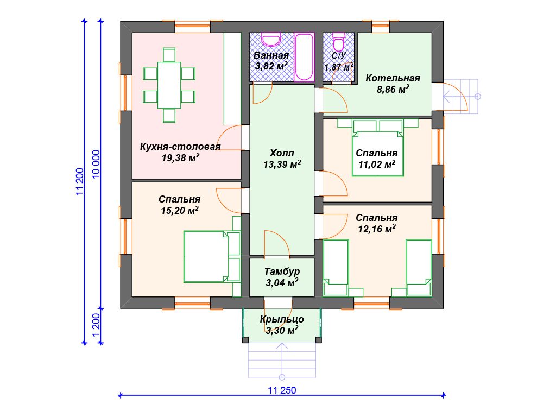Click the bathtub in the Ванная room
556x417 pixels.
[304, 57]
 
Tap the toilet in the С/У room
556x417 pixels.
[339, 41]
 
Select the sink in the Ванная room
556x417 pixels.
[271, 39]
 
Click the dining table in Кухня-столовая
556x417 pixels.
[169, 85]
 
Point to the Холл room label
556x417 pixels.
[282, 153]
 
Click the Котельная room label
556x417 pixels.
[393, 78]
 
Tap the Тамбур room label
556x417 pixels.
[282, 271]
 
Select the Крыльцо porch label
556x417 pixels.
[282, 319]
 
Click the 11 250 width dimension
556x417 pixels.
[282, 390]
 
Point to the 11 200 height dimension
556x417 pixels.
[80, 181]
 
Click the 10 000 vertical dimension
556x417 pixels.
[96, 165]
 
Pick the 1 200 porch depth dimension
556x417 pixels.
[96, 326]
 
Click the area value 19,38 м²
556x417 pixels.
[180, 158]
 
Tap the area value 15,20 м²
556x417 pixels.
[179, 211]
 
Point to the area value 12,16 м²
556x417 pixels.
[377, 229]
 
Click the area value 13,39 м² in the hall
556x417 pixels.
[282, 165]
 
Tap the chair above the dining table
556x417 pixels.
[169, 55]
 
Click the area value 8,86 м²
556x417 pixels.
[393, 90]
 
